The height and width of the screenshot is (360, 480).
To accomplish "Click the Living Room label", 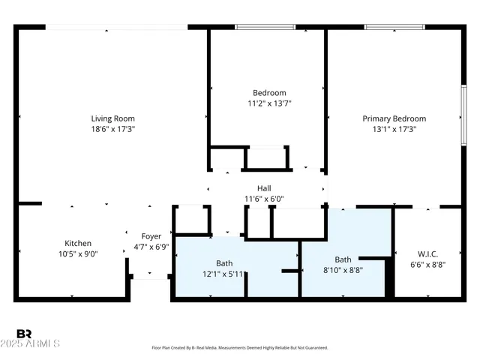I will pos(112,118).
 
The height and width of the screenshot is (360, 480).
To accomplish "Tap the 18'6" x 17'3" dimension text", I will pos(112,129).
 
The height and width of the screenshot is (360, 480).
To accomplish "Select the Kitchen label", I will pos(78,243).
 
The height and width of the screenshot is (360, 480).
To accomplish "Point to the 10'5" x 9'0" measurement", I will pos(78,253).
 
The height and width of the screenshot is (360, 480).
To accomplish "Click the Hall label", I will pos(264,188).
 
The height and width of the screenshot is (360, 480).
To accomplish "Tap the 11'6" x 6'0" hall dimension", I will pos(264,199).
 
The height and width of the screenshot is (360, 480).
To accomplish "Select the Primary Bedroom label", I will pos(394,118).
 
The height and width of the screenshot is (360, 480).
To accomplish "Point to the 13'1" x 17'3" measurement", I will pos(394,129).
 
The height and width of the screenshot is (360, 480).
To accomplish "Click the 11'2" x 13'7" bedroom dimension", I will pos(269,103).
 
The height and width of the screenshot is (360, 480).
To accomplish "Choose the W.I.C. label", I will pos(427,253).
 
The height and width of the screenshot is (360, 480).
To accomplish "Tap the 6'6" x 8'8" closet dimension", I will pos(427,264).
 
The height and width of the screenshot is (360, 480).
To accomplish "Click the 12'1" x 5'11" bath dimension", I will pos(224,274).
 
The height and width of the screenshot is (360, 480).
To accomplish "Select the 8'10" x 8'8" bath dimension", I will pos(342,270).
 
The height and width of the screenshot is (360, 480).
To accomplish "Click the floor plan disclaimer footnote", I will pos(239,348).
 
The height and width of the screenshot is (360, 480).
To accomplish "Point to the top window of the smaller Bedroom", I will pos(265,28).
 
